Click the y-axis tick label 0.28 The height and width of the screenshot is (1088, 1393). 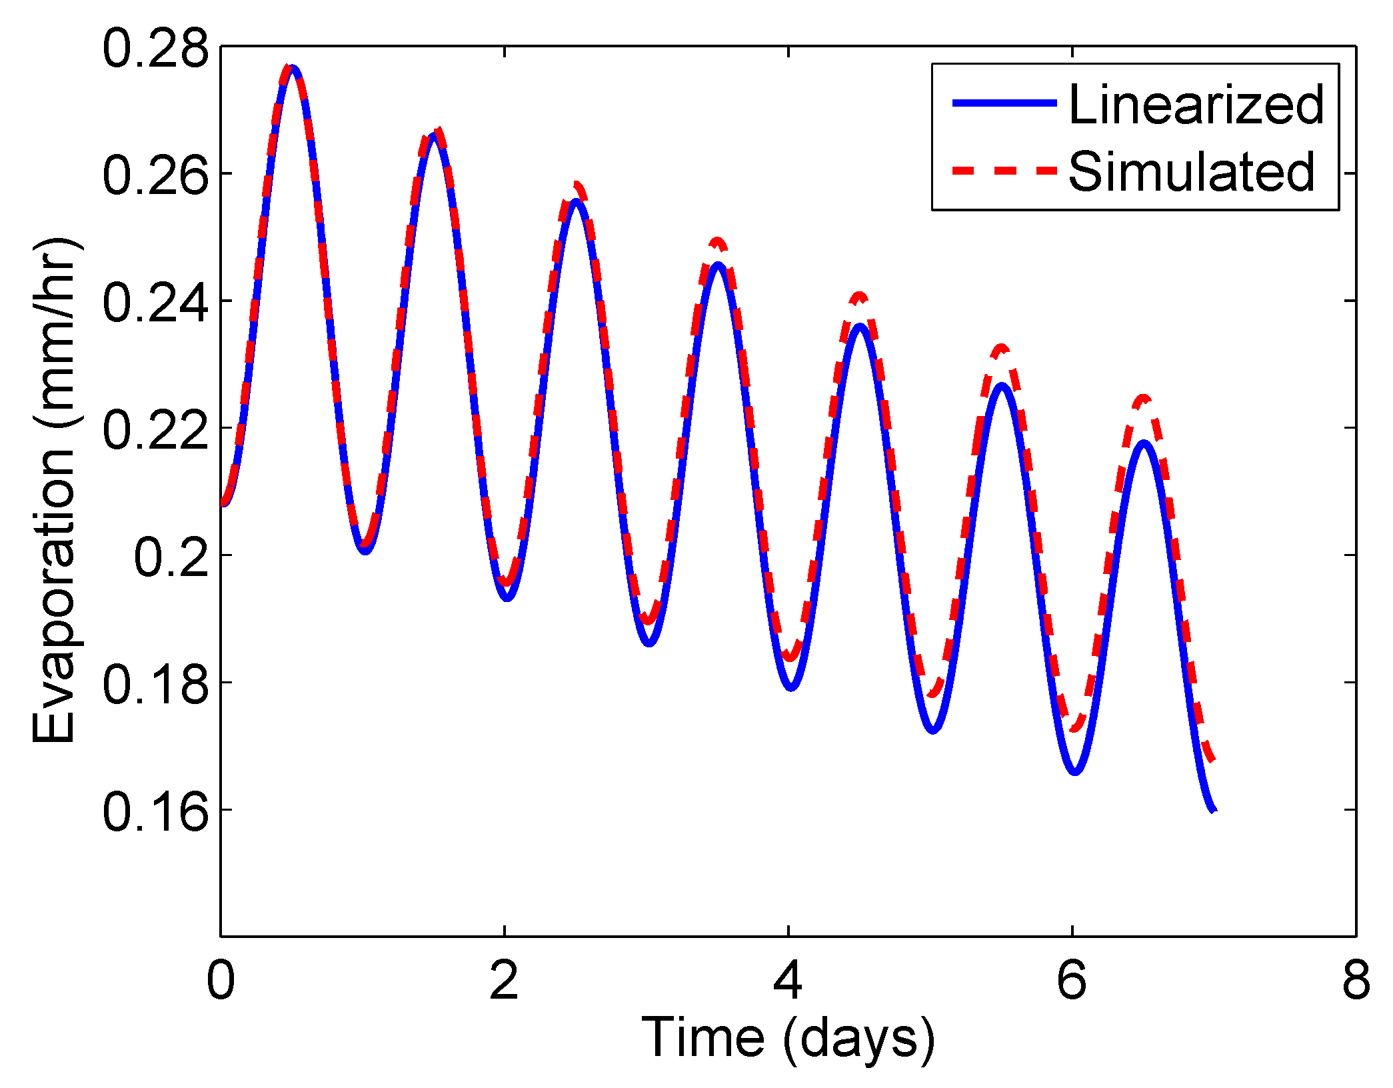click(155, 49)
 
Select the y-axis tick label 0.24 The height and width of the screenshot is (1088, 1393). click(155, 303)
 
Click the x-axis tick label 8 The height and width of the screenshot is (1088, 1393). click(1356, 980)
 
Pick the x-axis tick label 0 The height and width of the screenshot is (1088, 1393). click(221, 980)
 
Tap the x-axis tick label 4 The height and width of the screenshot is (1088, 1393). click(788, 980)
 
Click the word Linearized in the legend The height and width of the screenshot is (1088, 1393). click(1196, 105)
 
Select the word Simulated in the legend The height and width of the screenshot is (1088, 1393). click(1191, 172)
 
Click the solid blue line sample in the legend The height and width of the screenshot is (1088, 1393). click(1004, 103)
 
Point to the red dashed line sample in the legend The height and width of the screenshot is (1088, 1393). click(1004, 171)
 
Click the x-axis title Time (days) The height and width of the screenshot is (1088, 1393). click(788, 1038)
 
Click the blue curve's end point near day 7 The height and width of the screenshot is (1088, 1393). click(1214, 809)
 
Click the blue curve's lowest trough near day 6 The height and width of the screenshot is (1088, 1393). click(1074, 771)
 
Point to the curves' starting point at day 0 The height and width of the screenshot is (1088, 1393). click(223, 503)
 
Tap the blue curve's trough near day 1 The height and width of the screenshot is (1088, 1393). click(365, 551)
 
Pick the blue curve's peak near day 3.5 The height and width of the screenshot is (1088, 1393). click(718, 265)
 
